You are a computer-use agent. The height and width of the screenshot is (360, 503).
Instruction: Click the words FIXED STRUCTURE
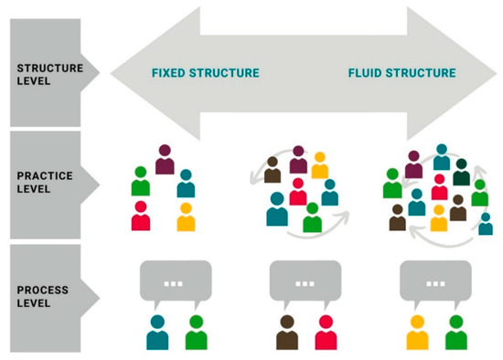tap(205, 72)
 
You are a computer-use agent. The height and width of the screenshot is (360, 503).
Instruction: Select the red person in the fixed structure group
tap(142, 216)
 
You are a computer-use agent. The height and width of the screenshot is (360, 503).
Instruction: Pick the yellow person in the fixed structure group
tap(186, 217)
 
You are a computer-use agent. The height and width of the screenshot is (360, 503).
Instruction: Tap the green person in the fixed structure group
tap(140, 181)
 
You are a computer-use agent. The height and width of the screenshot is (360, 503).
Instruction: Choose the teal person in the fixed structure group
tap(187, 184)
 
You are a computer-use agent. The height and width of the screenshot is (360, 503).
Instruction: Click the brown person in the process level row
tap(287, 334)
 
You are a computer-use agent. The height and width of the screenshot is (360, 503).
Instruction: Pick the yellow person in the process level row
tap(418, 334)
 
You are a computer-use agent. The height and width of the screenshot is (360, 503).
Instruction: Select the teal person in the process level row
tap(157, 334)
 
